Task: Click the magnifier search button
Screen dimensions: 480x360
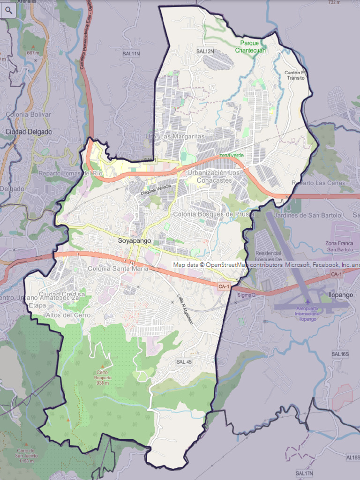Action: (8, 9)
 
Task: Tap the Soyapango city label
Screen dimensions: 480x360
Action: (135, 240)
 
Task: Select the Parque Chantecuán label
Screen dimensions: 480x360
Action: (250, 47)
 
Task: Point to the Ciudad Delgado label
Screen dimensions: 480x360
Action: (29, 132)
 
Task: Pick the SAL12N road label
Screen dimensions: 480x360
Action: (205, 51)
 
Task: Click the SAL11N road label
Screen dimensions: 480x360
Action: (131, 54)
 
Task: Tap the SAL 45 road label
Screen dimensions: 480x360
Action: (184, 362)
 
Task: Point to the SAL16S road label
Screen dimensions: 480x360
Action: (340, 354)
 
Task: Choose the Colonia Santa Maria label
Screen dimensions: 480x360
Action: (118, 269)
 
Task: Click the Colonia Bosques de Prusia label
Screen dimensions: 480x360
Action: (213, 214)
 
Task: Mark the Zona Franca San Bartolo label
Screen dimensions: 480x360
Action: (339, 246)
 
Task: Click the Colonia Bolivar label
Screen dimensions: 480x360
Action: (28, 114)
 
